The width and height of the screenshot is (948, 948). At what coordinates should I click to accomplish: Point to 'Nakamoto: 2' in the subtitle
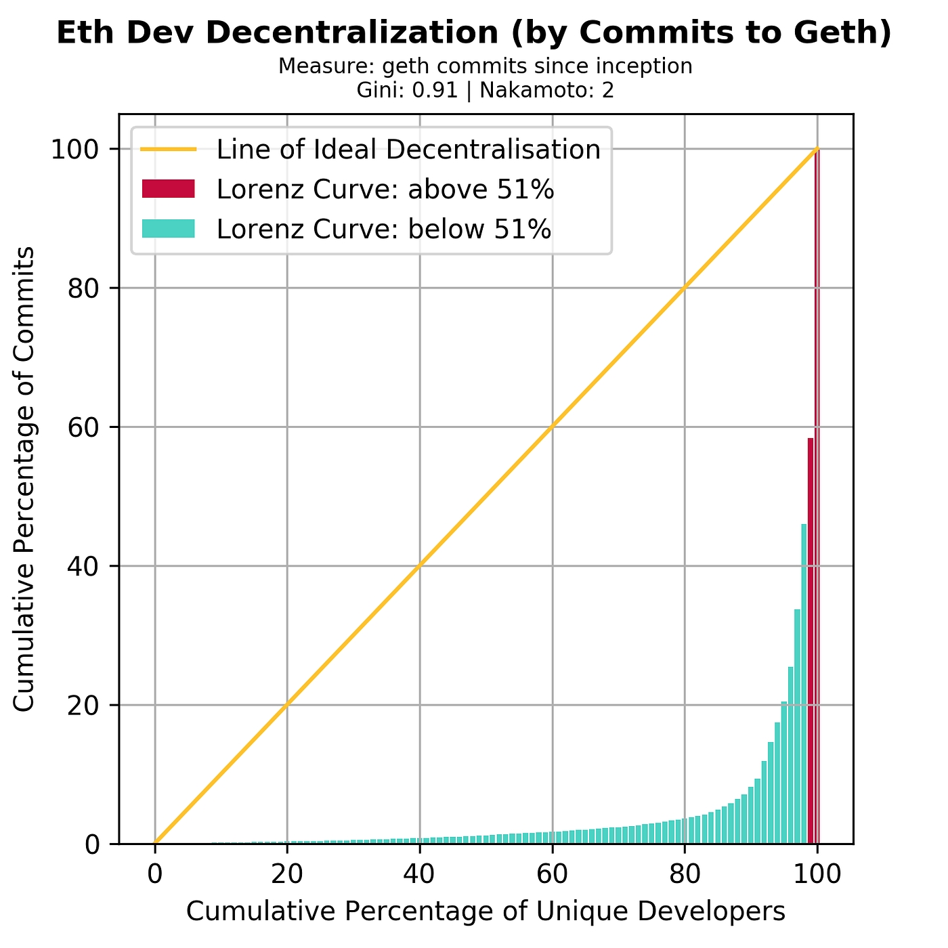[546, 91]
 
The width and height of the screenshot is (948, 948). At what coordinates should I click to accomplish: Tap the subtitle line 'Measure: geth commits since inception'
[485, 66]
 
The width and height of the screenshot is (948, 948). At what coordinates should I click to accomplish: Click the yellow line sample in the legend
[168, 149]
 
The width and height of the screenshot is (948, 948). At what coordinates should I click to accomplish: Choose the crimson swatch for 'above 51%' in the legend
[168, 190]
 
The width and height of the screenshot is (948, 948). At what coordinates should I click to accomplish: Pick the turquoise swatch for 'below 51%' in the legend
[168, 230]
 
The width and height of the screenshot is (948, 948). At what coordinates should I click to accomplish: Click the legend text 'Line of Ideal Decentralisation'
[408, 149]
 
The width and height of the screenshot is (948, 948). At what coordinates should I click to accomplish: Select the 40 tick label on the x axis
[420, 873]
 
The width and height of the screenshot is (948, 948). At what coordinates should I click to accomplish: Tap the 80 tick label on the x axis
[685, 873]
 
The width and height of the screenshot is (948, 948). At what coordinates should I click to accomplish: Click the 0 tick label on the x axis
[155, 873]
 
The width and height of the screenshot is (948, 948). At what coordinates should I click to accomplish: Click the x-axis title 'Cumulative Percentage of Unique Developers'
[486, 911]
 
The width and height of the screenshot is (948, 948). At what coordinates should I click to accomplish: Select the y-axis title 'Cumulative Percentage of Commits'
[24, 479]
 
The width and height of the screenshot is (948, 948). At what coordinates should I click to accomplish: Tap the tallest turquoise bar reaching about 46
[804, 684]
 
